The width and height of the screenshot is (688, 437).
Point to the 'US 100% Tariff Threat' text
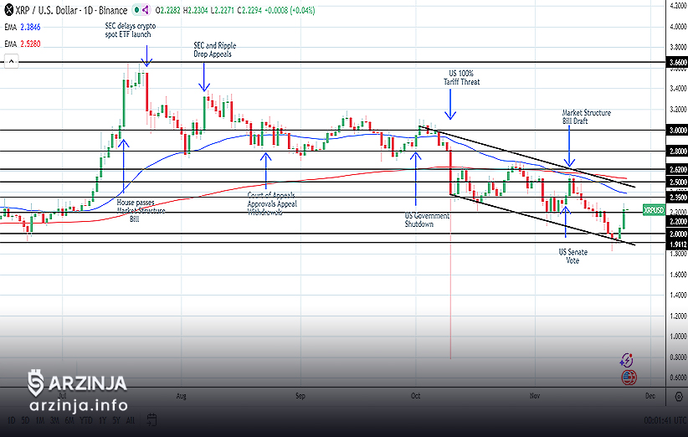(464, 78)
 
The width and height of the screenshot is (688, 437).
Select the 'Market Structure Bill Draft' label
(586, 116)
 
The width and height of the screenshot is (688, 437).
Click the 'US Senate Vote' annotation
(573, 256)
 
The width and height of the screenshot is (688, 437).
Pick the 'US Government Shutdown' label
(427, 220)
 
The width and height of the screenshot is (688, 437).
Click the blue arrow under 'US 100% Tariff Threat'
(450, 106)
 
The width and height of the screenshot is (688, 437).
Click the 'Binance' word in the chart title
(113, 10)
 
